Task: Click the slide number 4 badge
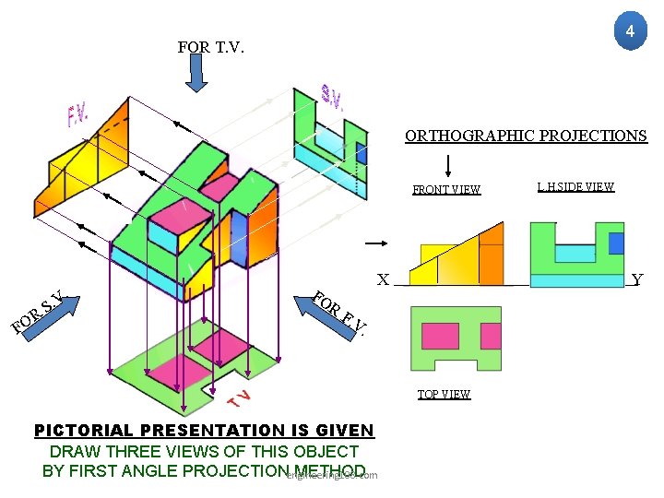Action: point(629,32)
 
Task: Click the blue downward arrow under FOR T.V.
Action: point(197,75)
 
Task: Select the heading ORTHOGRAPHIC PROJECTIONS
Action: point(526,136)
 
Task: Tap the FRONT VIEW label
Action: point(446,190)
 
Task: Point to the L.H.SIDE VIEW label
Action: point(575,187)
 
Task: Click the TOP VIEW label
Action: point(444,395)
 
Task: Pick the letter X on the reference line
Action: point(383,279)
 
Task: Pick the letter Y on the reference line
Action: point(637,279)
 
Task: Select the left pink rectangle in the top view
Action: point(439,336)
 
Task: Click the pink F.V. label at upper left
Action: point(77,115)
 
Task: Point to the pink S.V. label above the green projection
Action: point(332,95)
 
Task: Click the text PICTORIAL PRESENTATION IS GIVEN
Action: point(204,431)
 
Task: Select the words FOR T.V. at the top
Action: point(211,47)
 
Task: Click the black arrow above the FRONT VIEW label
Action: point(447,166)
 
